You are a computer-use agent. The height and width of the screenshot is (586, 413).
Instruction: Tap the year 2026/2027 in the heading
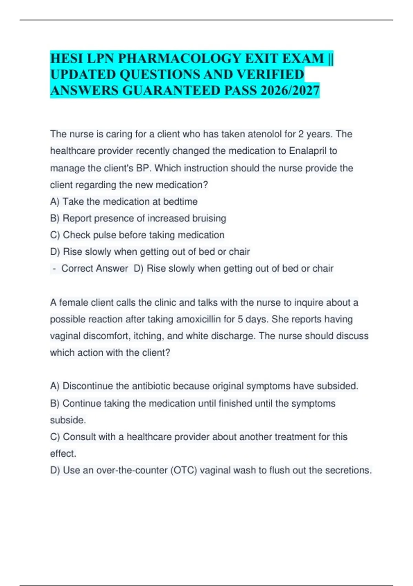coord(290,90)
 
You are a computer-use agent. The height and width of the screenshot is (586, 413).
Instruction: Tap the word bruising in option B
coord(209,218)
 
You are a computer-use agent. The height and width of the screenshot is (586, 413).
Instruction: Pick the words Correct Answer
coord(95,268)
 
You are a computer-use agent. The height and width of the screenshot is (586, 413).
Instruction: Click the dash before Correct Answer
coord(54,268)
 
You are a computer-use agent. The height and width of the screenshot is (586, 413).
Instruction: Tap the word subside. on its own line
coord(68,420)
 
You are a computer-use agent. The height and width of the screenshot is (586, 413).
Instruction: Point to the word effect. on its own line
coord(63,454)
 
